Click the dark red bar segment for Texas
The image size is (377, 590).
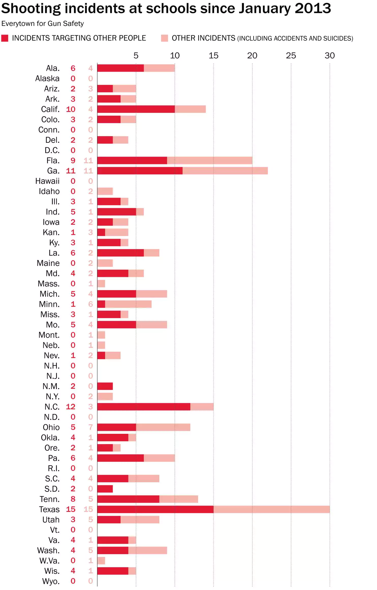pos(155,509)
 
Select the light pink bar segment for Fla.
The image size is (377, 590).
pos(210,161)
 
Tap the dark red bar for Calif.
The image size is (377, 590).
pos(136,109)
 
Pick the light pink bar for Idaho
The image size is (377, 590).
pos(105,191)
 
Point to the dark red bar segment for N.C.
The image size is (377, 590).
pos(144,407)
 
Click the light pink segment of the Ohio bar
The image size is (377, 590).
pos(163,427)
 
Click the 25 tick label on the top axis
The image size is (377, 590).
pos(291,55)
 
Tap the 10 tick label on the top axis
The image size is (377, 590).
pos(175,55)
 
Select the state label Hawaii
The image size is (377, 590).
pos(47,181)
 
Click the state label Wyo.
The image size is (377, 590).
pos(51,581)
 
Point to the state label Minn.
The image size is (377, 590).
pos(49,304)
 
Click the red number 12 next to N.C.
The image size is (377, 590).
pos(71,407)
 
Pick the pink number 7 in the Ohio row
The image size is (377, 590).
pos(90,427)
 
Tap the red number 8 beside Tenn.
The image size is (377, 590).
pos(73,499)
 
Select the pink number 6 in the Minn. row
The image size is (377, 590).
pos(90,304)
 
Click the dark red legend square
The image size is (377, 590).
pos(5,38)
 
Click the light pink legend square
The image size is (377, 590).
pos(164,38)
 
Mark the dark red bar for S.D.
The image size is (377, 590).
pos(105,489)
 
